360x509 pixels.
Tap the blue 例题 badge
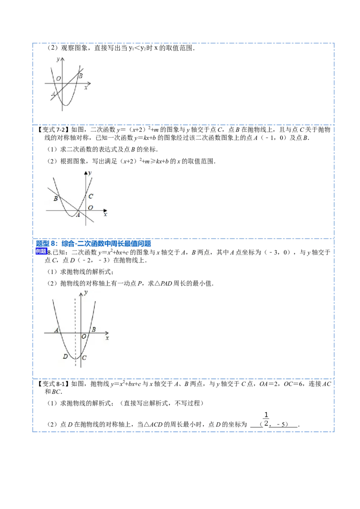(41, 251)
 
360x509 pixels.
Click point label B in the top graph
(81, 76)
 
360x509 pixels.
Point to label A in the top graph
(53, 94)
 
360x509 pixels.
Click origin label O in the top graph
(58, 78)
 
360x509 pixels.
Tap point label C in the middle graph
(90, 196)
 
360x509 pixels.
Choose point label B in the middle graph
(56, 198)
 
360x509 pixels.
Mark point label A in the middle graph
(78, 215)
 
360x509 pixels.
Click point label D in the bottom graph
(65, 357)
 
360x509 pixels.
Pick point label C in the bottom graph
(85, 358)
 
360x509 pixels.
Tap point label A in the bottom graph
(57, 330)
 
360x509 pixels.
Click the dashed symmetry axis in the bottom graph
(76, 332)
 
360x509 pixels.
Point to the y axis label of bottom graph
(86, 292)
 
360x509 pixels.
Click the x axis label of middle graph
(105, 214)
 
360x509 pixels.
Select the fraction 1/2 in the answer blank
(266, 419)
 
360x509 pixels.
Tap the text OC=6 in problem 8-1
(293, 384)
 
